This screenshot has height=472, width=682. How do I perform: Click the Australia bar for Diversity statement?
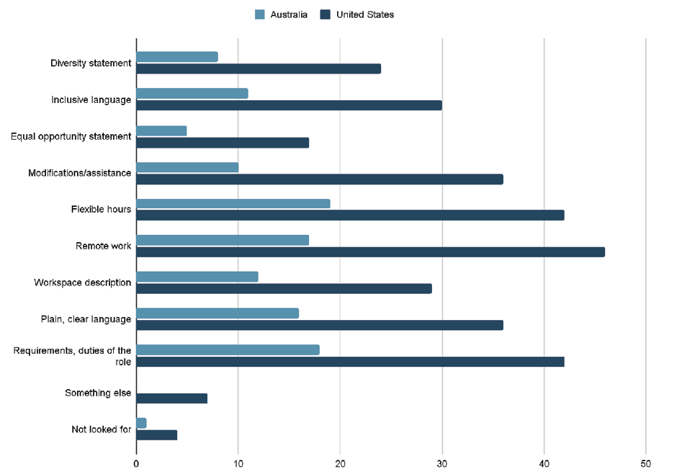pos(177,57)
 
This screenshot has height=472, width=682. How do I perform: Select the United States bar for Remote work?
pos(370,252)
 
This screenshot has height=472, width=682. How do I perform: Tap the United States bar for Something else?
pos(171,398)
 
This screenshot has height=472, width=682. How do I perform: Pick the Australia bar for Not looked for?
pos(141,423)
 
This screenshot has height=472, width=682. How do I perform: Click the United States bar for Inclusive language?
pos(289,105)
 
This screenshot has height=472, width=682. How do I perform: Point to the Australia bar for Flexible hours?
pos(233,203)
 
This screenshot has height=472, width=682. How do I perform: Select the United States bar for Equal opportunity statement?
pos(223,143)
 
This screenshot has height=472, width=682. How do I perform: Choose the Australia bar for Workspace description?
pos(197,277)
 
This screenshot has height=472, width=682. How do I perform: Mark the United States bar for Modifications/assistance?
pos(320,179)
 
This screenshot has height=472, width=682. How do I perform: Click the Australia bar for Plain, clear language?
pos(217,313)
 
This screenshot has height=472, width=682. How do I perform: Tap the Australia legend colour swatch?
pos(260,14)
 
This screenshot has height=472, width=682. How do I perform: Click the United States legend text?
pos(365,14)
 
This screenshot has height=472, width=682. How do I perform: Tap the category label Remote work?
pos(104,246)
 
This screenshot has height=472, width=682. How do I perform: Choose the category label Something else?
pos(98,393)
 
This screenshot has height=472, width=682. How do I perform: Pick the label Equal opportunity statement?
pos(71,136)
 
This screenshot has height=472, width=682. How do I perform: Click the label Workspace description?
pos(82,282)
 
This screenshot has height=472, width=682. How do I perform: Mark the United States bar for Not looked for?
pos(156,435)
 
